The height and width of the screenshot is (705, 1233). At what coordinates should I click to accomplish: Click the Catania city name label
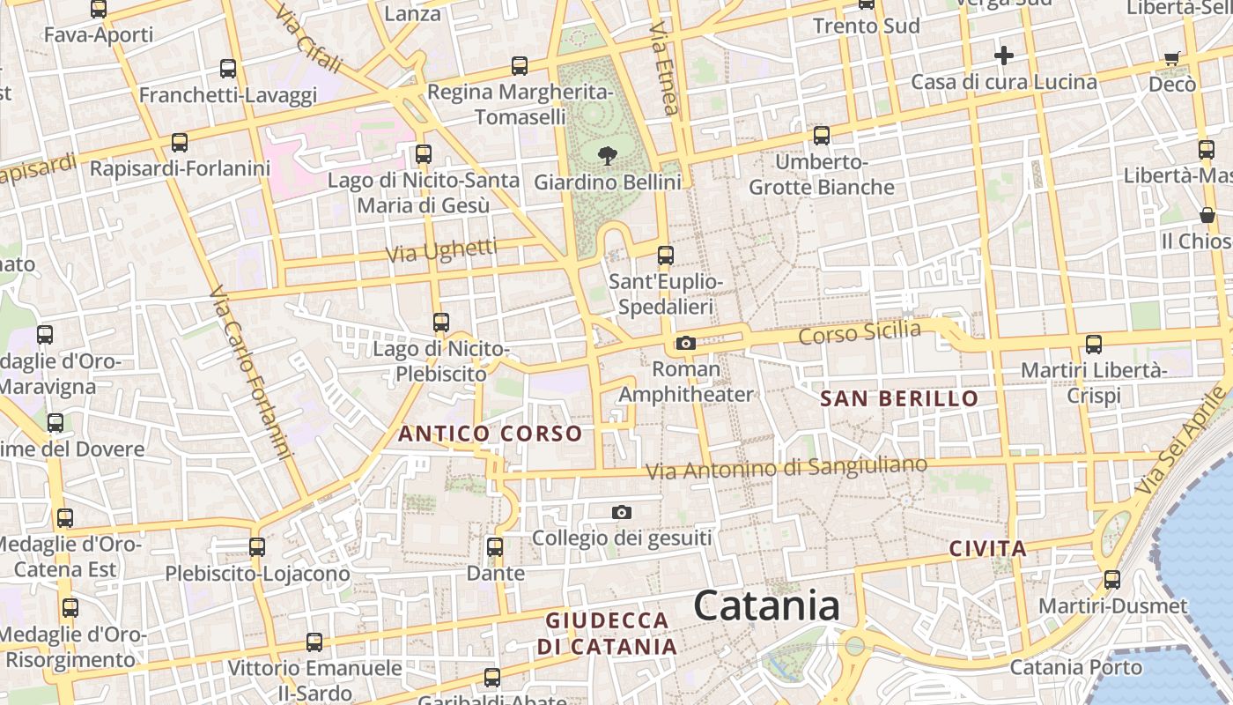tap(766, 606)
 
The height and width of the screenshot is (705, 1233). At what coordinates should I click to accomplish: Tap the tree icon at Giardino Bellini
tap(607, 157)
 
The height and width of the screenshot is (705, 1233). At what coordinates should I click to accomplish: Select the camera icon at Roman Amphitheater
tap(686, 343)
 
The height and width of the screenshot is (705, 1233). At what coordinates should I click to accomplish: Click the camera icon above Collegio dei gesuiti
tap(622, 512)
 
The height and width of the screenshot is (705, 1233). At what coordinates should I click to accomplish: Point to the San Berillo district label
tap(899, 398)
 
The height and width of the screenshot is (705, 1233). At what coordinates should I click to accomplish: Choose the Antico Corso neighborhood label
tap(490, 434)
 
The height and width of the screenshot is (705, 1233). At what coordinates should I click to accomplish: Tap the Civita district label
tap(988, 549)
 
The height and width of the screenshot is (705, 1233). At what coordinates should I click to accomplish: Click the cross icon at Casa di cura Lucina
tap(1003, 56)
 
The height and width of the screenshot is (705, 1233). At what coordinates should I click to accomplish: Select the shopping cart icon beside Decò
tap(1172, 58)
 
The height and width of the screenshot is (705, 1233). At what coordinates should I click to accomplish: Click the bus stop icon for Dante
tap(495, 546)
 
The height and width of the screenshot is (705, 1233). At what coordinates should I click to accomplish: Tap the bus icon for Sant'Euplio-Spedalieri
tap(666, 256)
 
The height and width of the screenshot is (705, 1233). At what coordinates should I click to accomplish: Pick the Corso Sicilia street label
tap(860, 333)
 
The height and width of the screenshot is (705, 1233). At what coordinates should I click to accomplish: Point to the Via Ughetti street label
tap(441, 250)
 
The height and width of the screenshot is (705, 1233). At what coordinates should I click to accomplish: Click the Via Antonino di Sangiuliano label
tap(786, 468)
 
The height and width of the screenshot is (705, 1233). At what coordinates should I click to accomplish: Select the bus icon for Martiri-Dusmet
tap(1112, 580)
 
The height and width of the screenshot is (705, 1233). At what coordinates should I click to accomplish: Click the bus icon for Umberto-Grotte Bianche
tap(822, 135)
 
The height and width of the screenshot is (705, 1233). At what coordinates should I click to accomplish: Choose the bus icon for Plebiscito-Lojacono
tap(257, 546)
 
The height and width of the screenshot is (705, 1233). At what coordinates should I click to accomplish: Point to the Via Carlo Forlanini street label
tap(251, 372)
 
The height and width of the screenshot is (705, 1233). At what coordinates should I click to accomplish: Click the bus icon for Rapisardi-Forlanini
tap(180, 142)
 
